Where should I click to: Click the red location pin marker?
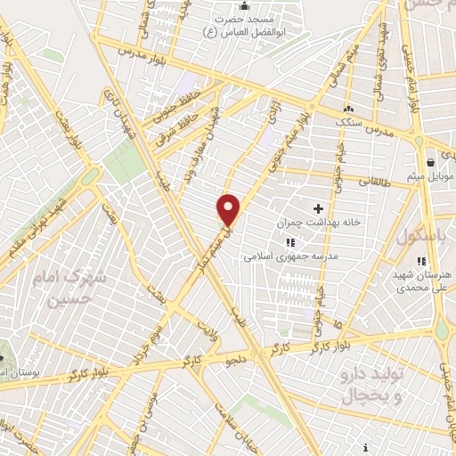pyautogui.click(x=229, y=210)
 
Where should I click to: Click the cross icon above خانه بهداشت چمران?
pyautogui.click(x=318, y=208)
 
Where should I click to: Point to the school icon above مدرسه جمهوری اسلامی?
pyautogui.click(x=289, y=242)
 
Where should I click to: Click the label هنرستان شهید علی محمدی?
pyautogui.click(x=424, y=281)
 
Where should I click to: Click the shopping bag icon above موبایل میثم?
pyautogui.click(x=431, y=163)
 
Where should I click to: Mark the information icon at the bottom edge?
pyautogui.click(x=366, y=447)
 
